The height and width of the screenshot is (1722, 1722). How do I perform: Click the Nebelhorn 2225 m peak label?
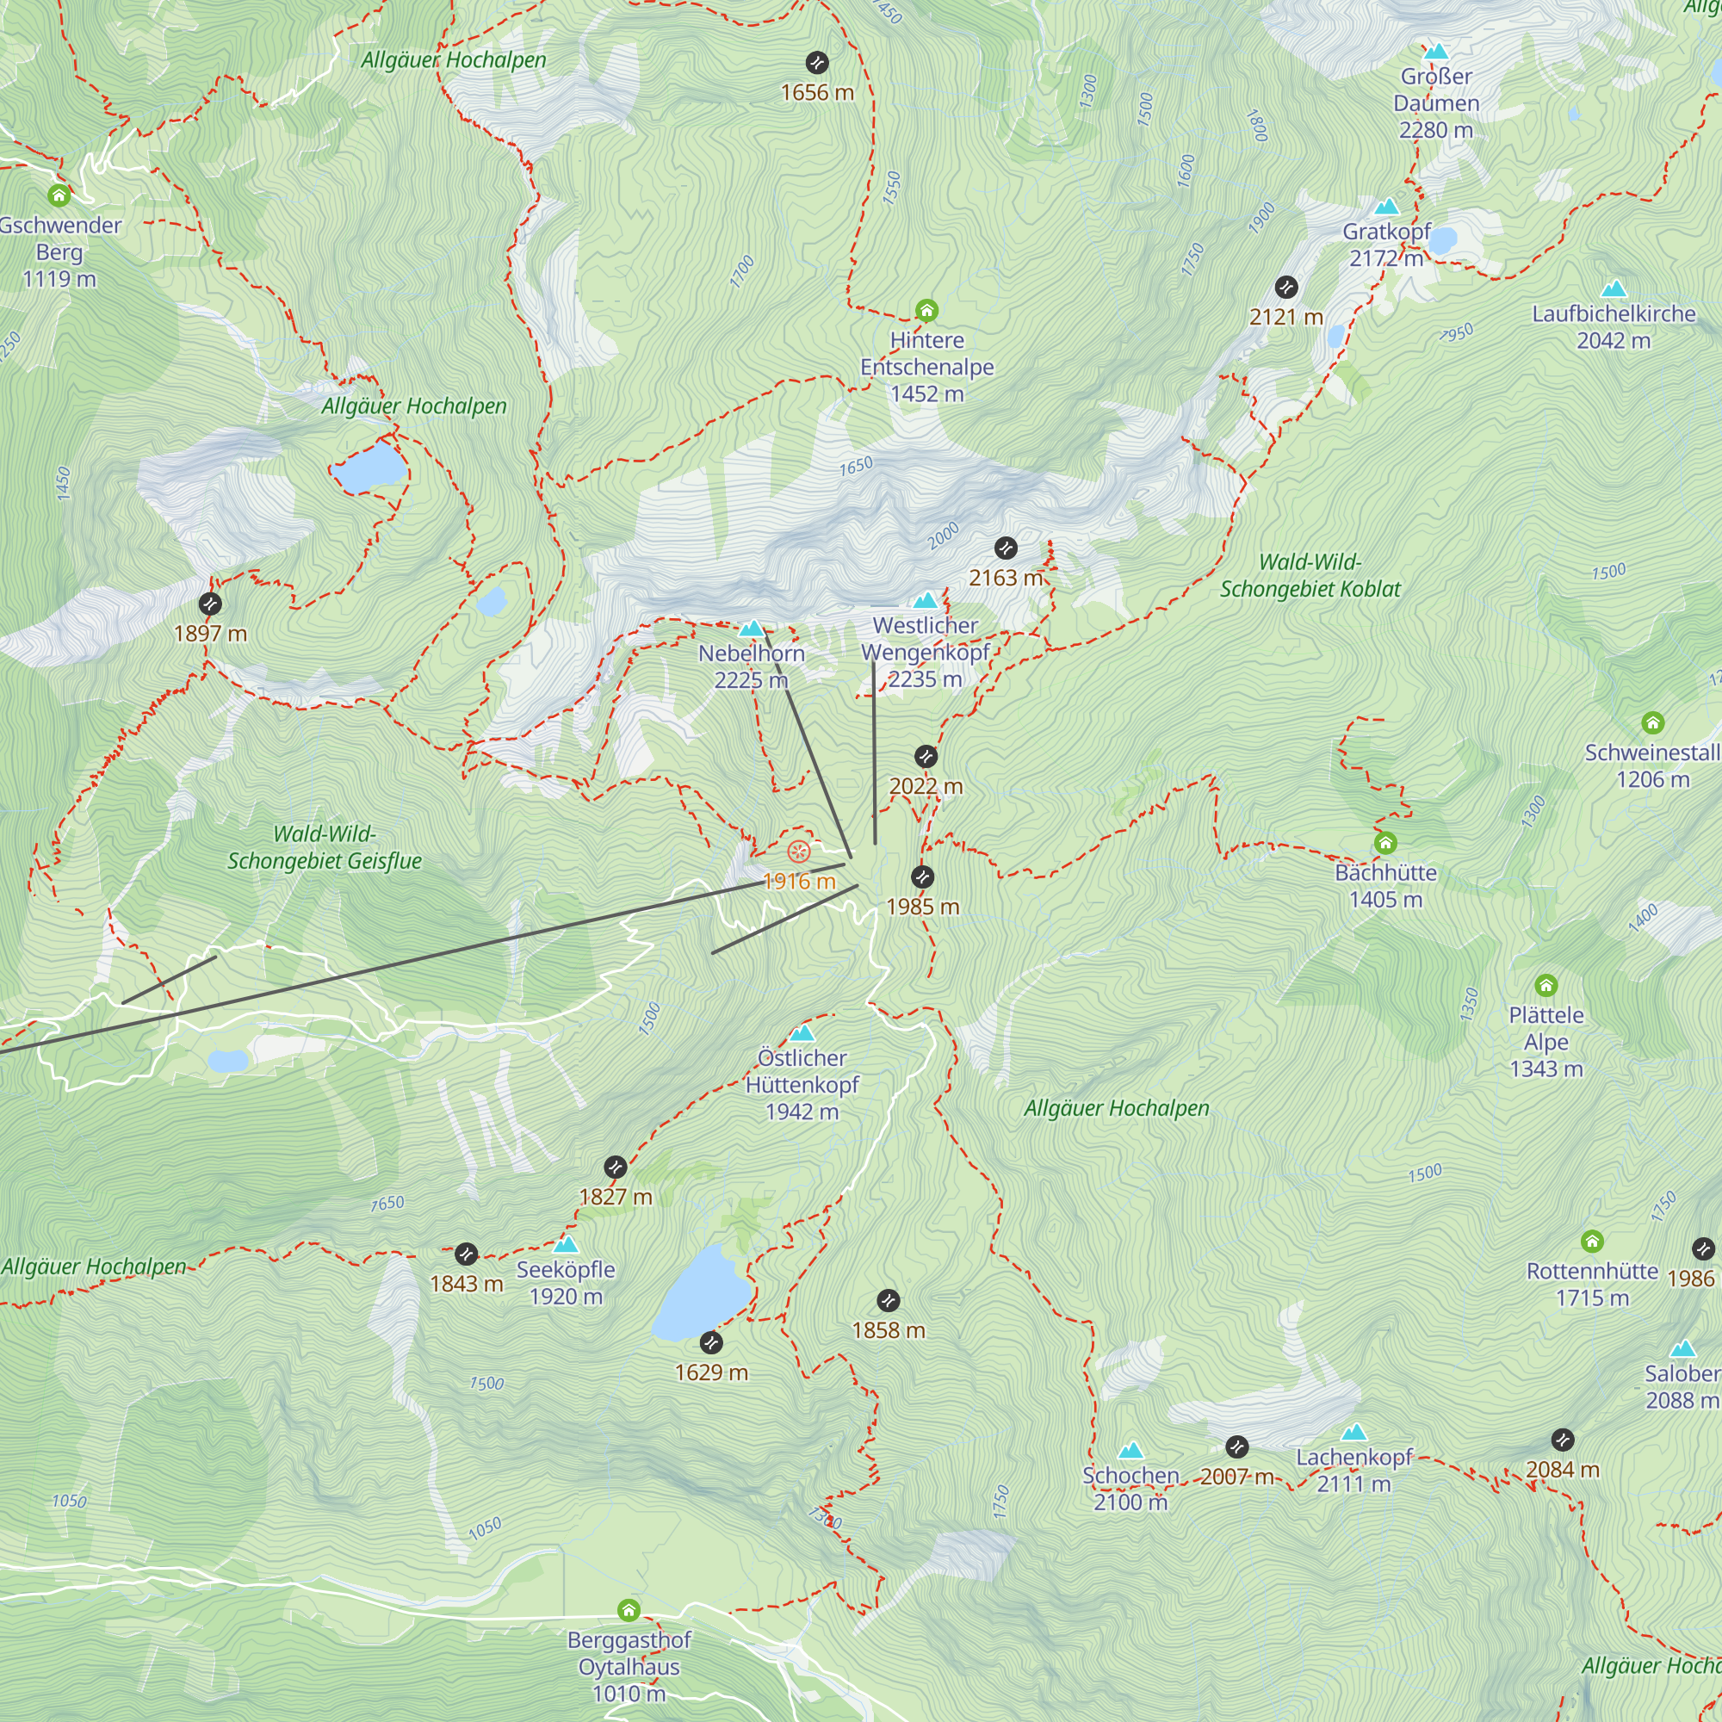[x=752, y=666]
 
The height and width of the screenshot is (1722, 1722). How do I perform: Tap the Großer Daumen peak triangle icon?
[x=1435, y=53]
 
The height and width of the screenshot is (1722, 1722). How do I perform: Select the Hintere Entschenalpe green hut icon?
[x=926, y=311]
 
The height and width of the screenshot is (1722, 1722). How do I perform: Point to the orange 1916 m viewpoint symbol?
[x=799, y=852]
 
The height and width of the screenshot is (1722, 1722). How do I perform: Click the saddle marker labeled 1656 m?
[x=816, y=63]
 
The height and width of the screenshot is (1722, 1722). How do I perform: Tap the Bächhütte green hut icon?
[x=1384, y=843]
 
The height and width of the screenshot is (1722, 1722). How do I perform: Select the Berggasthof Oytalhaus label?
[x=629, y=1666]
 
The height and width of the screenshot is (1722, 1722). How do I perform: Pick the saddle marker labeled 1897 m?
[x=209, y=604]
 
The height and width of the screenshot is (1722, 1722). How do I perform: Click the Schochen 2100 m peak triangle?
[x=1130, y=1451]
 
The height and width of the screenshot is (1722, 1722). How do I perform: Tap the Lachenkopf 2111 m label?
[x=1353, y=1470]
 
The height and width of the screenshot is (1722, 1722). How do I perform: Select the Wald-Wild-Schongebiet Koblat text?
[x=1310, y=576]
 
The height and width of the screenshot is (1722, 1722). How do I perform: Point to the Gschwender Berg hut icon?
[x=59, y=195]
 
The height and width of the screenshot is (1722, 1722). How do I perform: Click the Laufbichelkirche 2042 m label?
[x=1614, y=327]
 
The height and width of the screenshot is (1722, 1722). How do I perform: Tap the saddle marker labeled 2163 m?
[x=1006, y=548]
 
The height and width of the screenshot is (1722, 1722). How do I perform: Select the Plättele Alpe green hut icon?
[x=1545, y=986]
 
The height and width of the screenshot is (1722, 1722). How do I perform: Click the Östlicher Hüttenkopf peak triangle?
[x=802, y=1033]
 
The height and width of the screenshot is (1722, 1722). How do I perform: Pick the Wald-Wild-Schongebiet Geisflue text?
[x=325, y=847]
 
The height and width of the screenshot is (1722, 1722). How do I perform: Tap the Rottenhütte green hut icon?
[x=1592, y=1242]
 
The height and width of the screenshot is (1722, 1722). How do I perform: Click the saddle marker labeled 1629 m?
[x=710, y=1342]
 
